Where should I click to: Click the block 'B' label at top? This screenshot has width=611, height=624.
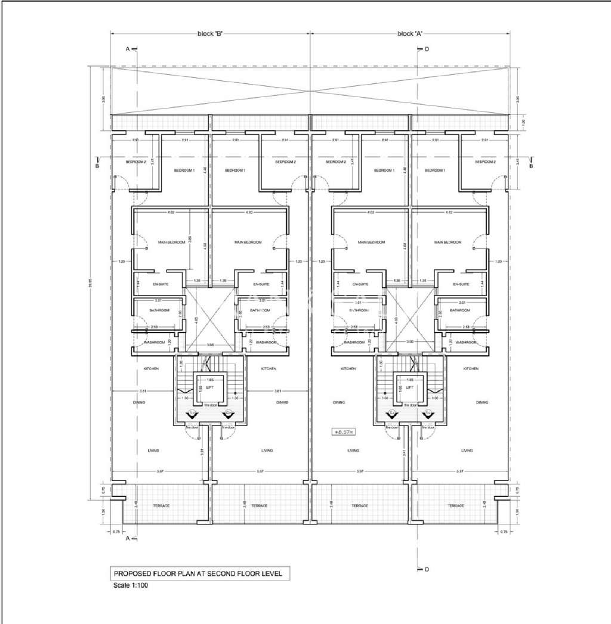pos(210,34)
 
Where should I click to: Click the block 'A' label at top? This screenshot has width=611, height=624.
pos(410,34)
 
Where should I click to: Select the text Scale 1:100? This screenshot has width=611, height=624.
pos(131,585)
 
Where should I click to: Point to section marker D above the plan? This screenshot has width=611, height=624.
pos(427,49)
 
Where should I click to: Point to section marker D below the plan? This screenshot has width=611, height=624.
pos(427,569)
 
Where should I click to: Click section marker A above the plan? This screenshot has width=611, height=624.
pos(128,49)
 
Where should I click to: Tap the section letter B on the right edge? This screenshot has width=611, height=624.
pos(530,166)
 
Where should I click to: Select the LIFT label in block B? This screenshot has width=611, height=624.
pos(209,387)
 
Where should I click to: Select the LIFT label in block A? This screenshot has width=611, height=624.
pos(409,387)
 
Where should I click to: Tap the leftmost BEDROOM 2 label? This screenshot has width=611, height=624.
pos(135,162)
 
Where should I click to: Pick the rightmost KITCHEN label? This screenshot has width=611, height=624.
pos(470,369)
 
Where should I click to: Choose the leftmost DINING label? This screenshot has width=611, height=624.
pos(139,402)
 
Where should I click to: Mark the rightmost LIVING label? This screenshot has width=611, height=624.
pos(467,451)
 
